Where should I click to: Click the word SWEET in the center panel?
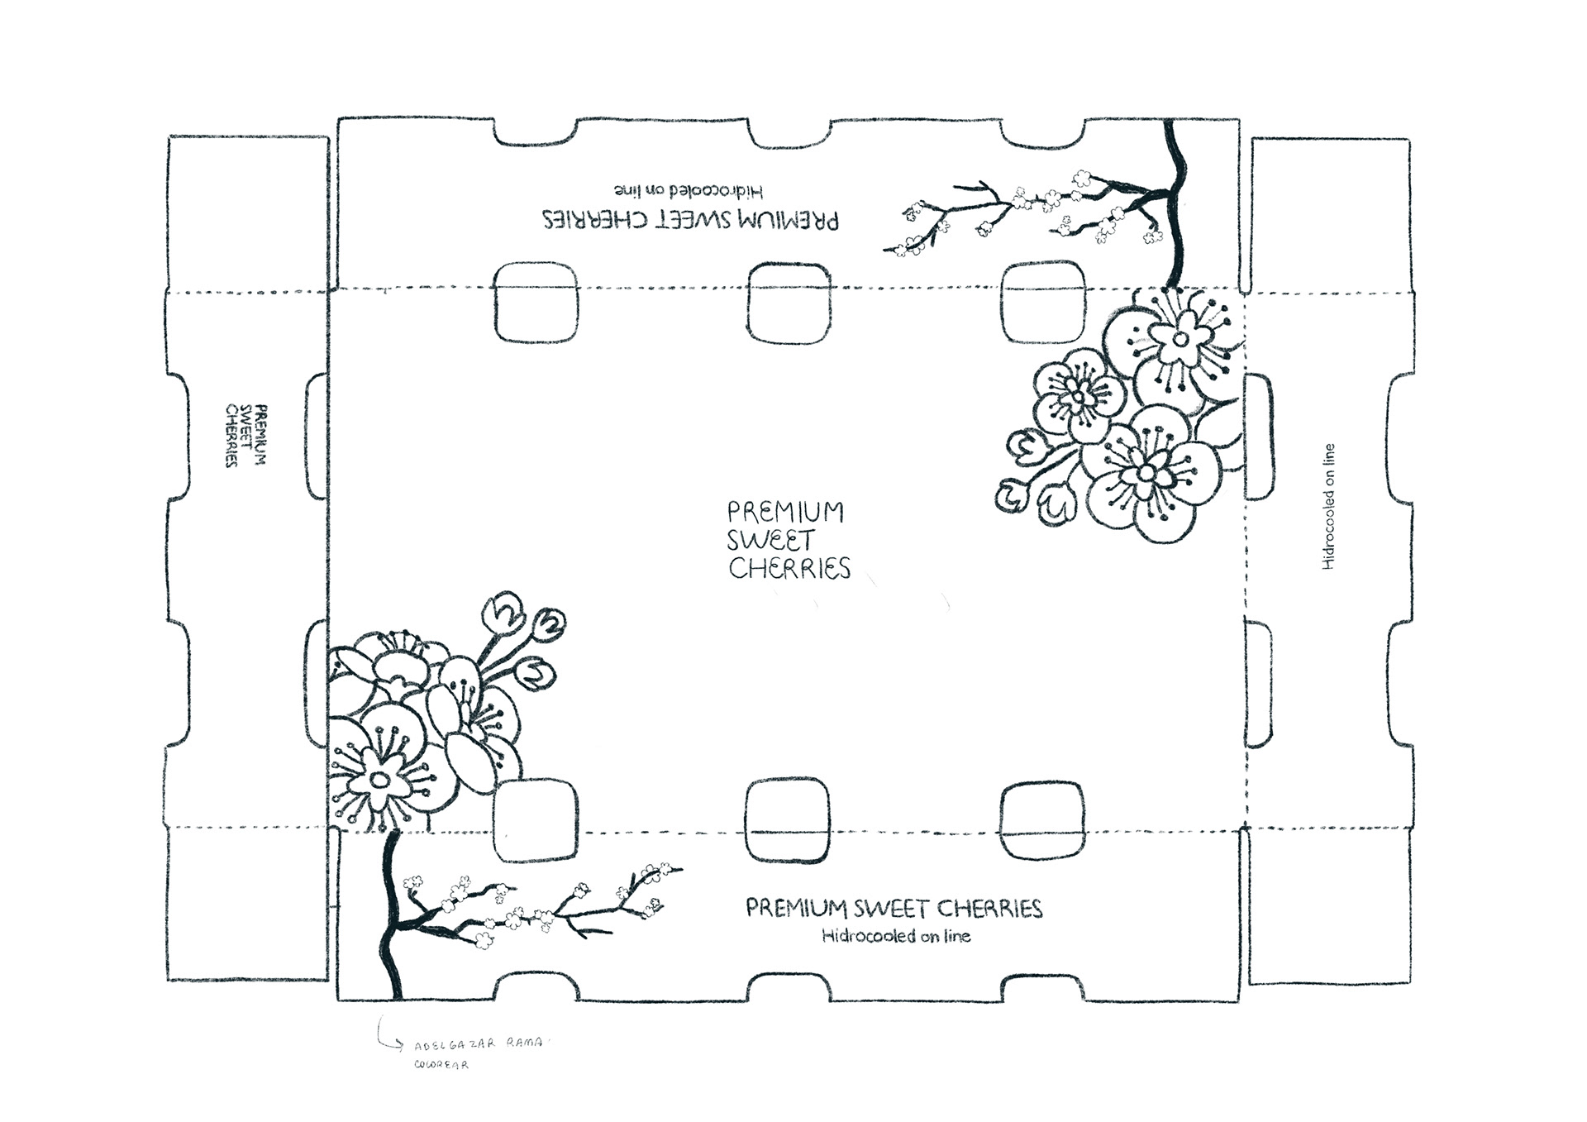(x=770, y=542)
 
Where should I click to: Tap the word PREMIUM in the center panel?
(x=785, y=512)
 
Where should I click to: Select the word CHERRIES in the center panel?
(x=789, y=569)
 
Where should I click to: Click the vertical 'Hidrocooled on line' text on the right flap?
(x=1328, y=507)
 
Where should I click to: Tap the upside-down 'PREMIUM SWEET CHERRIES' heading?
(x=690, y=220)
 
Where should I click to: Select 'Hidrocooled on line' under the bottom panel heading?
(x=896, y=936)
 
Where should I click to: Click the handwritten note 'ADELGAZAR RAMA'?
(x=479, y=1044)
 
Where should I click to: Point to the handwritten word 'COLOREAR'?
(x=441, y=1065)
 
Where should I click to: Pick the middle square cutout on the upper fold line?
(x=788, y=303)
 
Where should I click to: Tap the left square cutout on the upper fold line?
(x=536, y=303)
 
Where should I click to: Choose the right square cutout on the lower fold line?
(x=1041, y=821)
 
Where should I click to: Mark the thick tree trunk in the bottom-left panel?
(x=389, y=918)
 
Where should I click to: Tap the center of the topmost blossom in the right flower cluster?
(x=1180, y=339)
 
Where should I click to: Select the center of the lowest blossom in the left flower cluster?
(x=379, y=779)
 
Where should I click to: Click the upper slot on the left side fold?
(x=317, y=436)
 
